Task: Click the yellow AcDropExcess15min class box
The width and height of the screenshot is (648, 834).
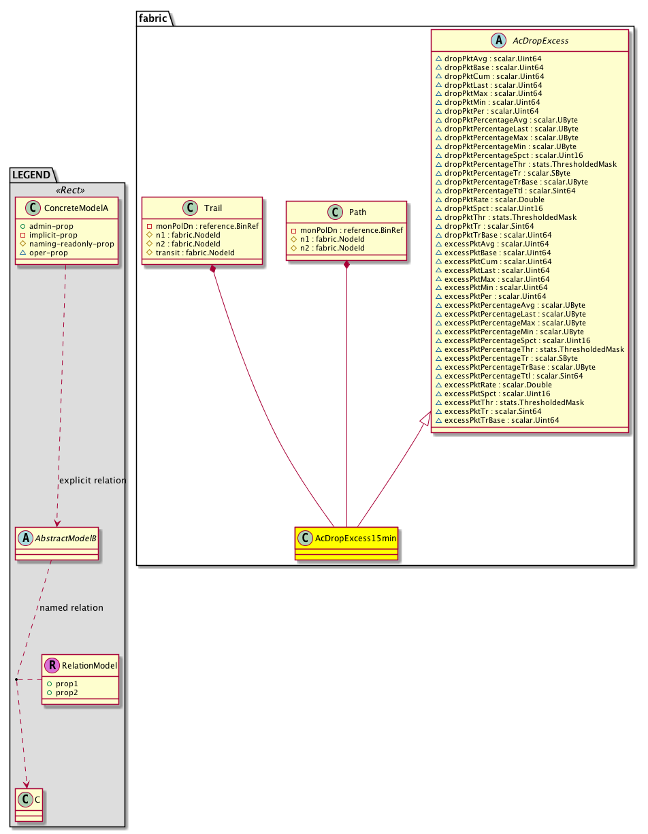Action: (346, 543)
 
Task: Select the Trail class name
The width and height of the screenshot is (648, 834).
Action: (213, 208)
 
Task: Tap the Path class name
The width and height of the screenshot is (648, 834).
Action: (357, 212)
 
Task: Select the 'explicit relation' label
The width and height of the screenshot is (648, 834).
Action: (93, 480)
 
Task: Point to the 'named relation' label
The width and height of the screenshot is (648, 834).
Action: (71, 607)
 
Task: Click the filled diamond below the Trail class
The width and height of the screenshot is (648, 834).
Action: (214, 270)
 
